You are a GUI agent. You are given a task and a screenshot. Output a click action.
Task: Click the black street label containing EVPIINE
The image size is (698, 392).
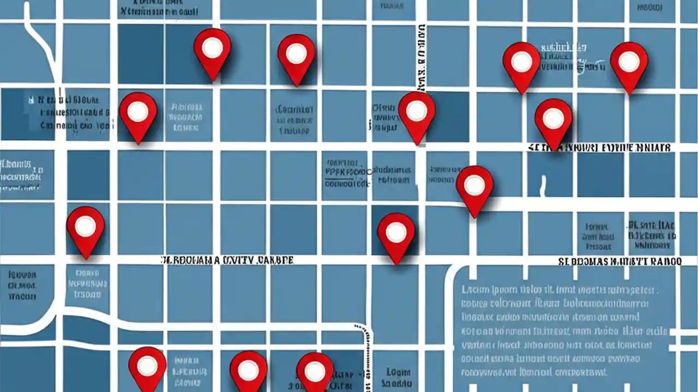click(600, 148)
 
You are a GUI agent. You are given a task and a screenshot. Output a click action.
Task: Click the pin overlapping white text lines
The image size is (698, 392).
click(521, 65)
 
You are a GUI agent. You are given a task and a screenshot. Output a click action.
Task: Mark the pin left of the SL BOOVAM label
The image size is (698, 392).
click(86, 230)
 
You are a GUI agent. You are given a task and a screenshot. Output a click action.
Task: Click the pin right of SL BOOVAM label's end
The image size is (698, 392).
click(396, 235)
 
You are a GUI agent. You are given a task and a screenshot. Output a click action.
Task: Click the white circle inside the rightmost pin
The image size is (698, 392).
click(629, 62)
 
